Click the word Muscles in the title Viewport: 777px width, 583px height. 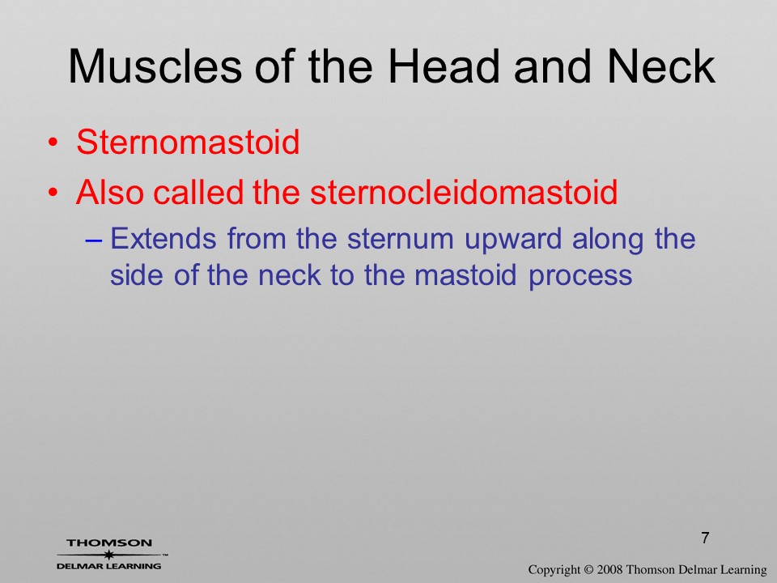click(155, 66)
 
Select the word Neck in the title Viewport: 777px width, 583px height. click(661, 66)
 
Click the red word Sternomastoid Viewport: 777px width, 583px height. click(188, 143)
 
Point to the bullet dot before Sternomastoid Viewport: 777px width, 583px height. click(53, 143)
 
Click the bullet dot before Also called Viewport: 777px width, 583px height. click(53, 193)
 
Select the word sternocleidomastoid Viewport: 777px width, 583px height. click(464, 192)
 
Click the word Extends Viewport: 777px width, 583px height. click(163, 238)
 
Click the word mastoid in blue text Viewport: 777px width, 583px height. click(465, 274)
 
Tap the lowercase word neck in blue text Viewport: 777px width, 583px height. click(290, 274)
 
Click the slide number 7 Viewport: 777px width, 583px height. click(705, 538)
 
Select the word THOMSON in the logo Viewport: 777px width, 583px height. click(109, 543)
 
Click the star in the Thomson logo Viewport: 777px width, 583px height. click(108, 555)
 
